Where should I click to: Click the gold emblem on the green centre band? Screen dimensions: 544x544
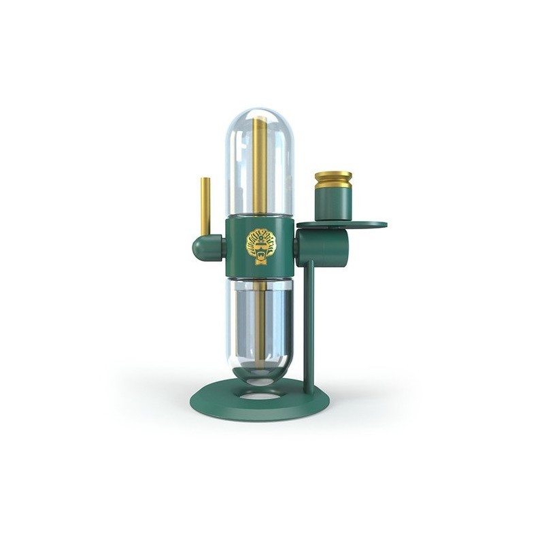coord(260,245)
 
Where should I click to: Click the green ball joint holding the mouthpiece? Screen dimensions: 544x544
coord(205,248)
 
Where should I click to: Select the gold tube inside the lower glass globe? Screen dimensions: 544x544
coord(260,320)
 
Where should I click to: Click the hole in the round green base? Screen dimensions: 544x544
coord(260,392)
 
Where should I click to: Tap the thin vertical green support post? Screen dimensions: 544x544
coord(309,326)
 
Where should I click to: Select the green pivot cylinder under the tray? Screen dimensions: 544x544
coord(323,248)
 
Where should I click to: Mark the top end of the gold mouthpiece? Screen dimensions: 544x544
coord(205,180)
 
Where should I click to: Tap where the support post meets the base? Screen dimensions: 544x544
coord(309,391)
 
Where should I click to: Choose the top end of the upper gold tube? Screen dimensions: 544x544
coord(260,121)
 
